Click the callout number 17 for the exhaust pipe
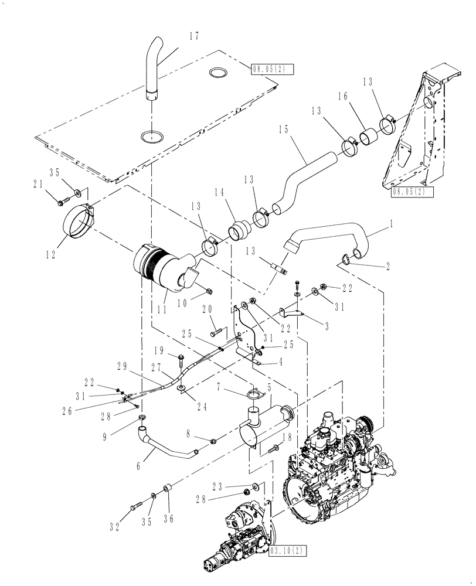[x=193, y=36]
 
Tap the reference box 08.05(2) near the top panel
[x=271, y=69]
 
